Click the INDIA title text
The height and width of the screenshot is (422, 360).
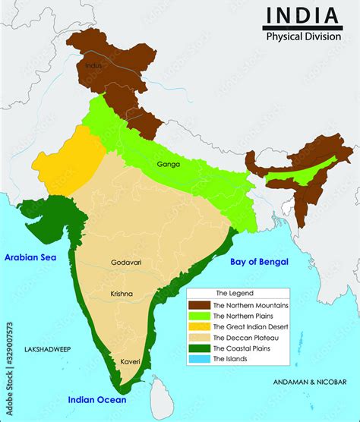[x=301, y=14]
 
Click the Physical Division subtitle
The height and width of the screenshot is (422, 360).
[x=302, y=36]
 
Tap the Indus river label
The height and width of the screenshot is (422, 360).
[x=94, y=67]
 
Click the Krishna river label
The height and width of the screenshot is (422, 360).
[x=121, y=294]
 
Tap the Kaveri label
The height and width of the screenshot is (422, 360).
[x=131, y=362]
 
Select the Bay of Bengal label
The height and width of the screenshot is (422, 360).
[x=259, y=262]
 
